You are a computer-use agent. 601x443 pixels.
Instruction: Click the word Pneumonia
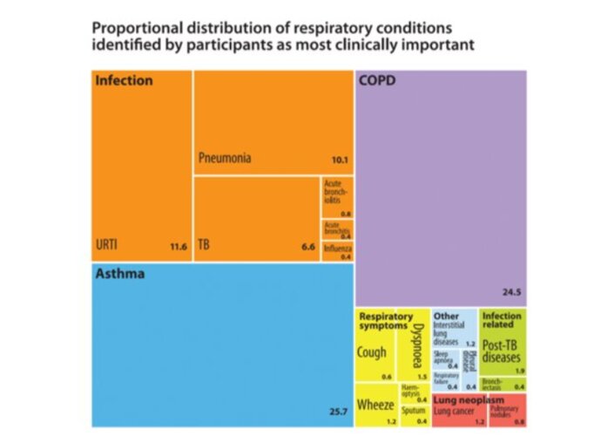(x=225, y=159)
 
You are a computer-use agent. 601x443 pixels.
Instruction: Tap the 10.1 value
(x=340, y=160)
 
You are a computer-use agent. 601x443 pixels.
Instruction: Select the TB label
(x=204, y=246)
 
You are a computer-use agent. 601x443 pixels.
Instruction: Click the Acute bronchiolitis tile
(x=337, y=198)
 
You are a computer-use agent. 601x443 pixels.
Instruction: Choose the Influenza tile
(x=337, y=252)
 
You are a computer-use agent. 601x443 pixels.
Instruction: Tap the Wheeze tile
(x=375, y=406)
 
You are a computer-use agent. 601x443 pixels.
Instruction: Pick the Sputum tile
(x=414, y=412)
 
